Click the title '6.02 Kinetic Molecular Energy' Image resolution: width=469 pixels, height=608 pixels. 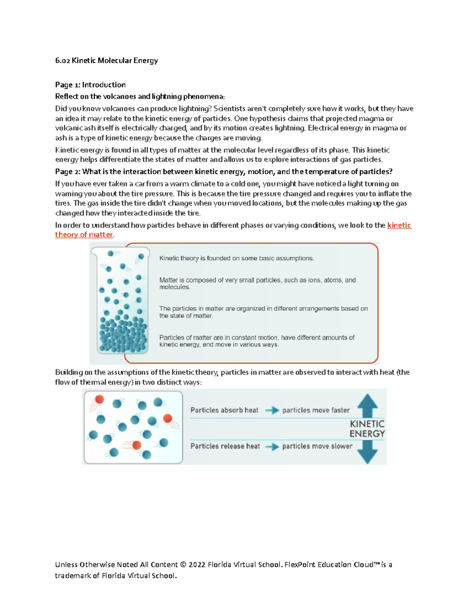click(x=106, y=60)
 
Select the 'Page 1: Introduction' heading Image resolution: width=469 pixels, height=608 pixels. click(x=90, y=85)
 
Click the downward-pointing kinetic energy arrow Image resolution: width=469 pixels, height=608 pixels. click(x=367, y=451)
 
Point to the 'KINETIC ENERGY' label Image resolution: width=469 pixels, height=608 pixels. click(x=367, y=429)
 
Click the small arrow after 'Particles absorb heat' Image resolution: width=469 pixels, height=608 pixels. click(x=272, y=410)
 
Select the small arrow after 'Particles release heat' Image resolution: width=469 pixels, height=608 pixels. click(x=272, y=447)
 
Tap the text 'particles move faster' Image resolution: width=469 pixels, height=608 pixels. click(x=316, y=410)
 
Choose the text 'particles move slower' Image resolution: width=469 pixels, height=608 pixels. click(x=317, y=446)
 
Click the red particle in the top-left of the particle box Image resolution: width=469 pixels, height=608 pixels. click(x=99, y=399)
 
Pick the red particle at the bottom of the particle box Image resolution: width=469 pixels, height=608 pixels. click(x=137, y=445)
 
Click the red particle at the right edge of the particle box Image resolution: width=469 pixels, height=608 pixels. click(x=168, y=418)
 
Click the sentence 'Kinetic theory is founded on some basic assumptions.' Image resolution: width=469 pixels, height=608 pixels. click(x=236, y=258)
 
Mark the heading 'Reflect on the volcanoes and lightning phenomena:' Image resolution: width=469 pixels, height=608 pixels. click(x=140, y=97)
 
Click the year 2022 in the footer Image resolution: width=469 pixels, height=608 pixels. click(x=197, y=565)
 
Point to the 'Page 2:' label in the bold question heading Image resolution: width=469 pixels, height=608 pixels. click(x=68, y=171)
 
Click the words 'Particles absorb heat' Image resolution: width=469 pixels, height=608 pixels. click(x=224, y=410)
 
